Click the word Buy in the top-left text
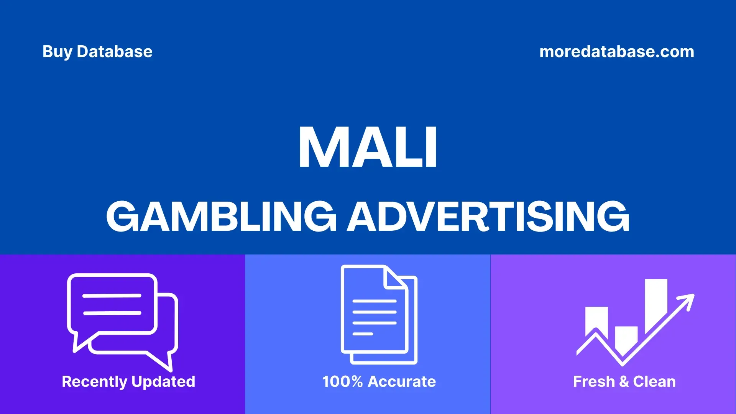coord(57,52)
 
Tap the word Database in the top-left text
coord(115,51)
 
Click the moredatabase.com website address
coord(617,51)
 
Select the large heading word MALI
coord(368,148)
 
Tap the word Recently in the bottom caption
coord(94,382)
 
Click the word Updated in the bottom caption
coord(163,382)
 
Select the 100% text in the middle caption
coord(342,381)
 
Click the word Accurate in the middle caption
coord(402,381)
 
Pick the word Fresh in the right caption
coord(594,381)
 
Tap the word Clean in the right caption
coord(654,381)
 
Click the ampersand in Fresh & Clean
coord(624,382)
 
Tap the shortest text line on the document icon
coord(363,334)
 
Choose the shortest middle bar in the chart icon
coord(626,339)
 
